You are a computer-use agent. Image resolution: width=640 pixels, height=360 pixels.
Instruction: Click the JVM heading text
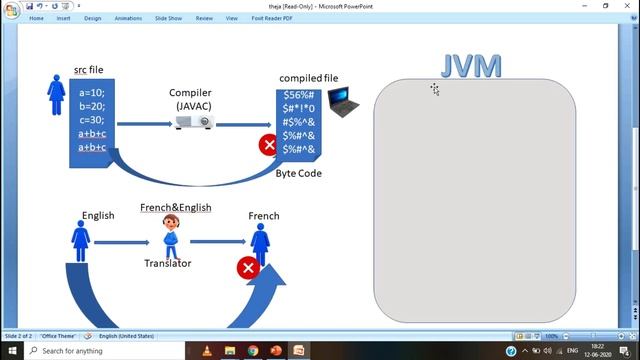pos(471,66)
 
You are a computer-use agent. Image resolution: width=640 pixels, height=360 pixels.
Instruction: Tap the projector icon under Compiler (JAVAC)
pos(194,122)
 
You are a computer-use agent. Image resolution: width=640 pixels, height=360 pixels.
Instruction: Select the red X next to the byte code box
pos(268,145)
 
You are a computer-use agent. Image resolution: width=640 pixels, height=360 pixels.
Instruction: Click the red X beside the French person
pos(247,267)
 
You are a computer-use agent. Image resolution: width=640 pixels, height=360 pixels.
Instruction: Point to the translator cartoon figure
pos(172,236)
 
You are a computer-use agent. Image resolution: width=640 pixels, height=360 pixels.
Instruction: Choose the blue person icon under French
pos(261,242)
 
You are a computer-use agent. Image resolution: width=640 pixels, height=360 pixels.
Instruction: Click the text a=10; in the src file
pos(92,92)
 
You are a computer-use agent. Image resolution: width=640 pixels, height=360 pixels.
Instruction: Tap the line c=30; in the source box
pos(92,120)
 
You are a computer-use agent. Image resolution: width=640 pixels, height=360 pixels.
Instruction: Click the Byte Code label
pos(298,173)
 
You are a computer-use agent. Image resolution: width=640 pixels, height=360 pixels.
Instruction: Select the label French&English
pos(175,207)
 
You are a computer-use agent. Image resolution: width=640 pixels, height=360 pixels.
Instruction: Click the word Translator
pos(168,263)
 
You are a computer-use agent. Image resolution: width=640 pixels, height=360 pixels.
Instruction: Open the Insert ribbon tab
pos(64,17)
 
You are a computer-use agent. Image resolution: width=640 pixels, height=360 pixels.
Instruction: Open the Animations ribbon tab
pos(127,17)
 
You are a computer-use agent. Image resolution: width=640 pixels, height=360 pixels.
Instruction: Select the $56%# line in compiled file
pos(298,94)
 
